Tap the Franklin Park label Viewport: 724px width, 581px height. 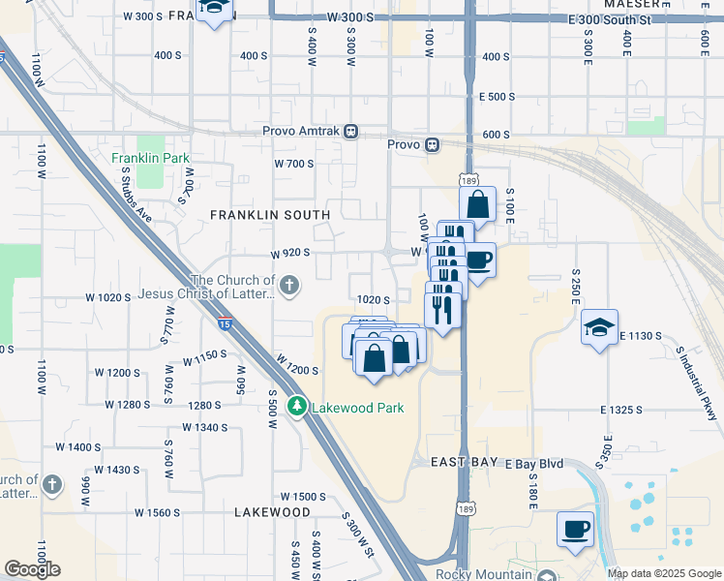click(x=150, y=158)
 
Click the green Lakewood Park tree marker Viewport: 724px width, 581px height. click(x=300, y=407)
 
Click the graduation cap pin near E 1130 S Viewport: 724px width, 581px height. click(x=599, y=326)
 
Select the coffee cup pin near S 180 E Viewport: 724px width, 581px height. click(x=575, y=530)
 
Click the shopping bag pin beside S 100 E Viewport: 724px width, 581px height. click(x=477, y=205)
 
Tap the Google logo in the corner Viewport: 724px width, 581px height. click(x=32, y=568)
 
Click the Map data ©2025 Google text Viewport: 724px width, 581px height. click(x=663, y=573)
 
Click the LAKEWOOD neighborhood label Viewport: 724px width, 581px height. click(x=272, y=512)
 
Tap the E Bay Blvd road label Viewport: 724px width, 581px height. click(x=534, y=464)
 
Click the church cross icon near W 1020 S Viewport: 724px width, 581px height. click(x=289, y=285)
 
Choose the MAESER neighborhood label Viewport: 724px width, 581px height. click(x=630, y=5)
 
